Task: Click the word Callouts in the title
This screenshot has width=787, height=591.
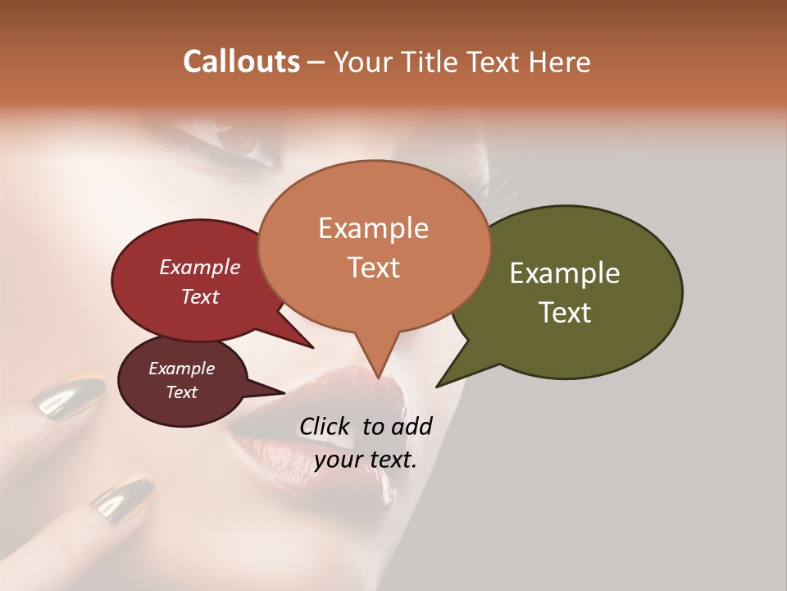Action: click(x=242, y=62)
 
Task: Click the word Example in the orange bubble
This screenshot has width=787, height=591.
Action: click(x=373, y=228)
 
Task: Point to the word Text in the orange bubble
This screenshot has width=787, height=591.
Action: click(x=373, y=267)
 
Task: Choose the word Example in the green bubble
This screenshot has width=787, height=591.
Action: click(x=565, y=273)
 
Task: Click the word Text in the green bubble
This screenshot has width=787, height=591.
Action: click(x=565, y=312)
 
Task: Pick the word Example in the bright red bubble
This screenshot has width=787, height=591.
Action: click(x=200, y=267)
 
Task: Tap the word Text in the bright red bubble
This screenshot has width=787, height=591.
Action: click(x=200, y=296)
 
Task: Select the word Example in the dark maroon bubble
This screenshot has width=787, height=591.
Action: click(x=182, y=369)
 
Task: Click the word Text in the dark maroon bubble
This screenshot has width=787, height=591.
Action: click(x=182, y=392)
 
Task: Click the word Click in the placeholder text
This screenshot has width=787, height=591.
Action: click(x=326, y=426)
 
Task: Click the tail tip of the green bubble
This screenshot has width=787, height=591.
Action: click(x=437, y=386)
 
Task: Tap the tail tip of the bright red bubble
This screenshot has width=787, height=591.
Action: click(x=313, y=348)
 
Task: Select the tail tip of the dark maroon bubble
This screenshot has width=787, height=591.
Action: click(x=284, y=392)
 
